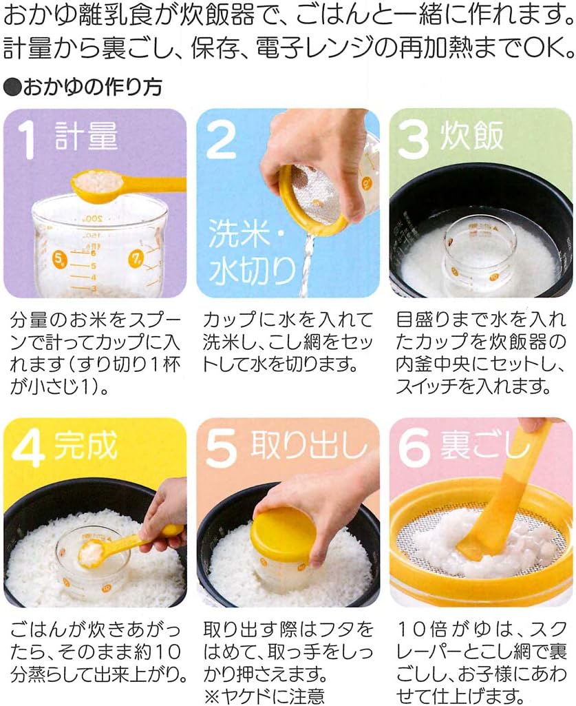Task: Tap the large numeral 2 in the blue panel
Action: pyautogui.click(x=222, y=140)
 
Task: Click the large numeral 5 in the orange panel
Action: pyautogui.click(x=222, y=448)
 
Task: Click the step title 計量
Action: pyautogui.click(x=87, y=136)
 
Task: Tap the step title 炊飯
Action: pyautogui.click(x=471, y=136)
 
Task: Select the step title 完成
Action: pyautogui.click(x=86, y=445)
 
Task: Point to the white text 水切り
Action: pyautogui.click(x=251, y=271)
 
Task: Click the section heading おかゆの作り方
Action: pyautogui.click(x=83, y=86)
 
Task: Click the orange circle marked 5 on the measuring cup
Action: pyautogui.click(x=59, y=258)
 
